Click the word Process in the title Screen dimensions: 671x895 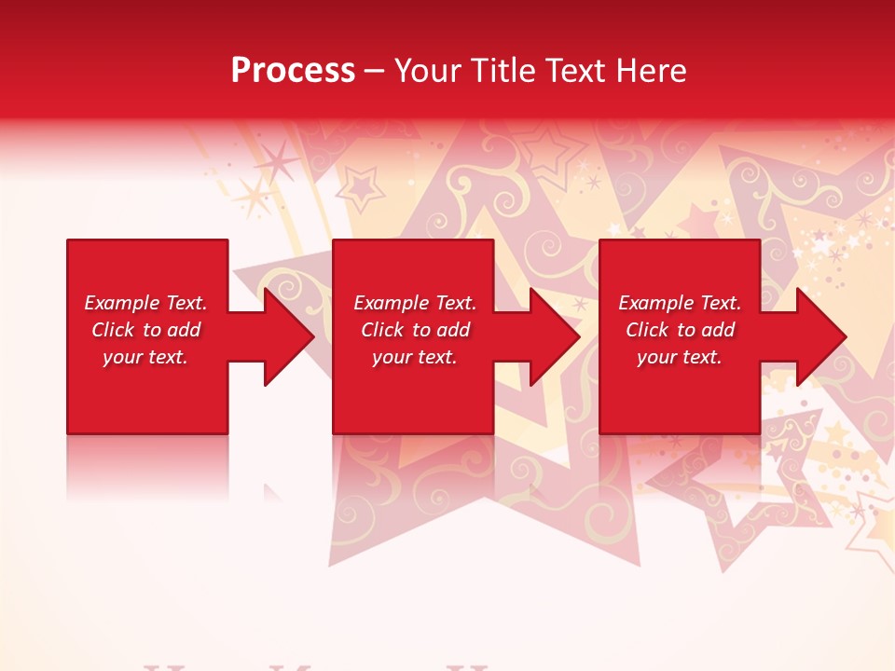[x=293, y=71]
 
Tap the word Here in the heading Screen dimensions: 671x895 [x=650, y=71]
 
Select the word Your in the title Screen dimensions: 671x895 [x=427, y=71]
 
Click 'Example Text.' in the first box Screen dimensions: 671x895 [x=145, y=303]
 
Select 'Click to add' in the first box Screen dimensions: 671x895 [x=145, y=330]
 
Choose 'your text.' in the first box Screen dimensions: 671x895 [x=145, y=357]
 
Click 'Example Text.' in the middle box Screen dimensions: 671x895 [x=415, y=303]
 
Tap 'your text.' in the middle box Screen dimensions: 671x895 [x=415, y=357]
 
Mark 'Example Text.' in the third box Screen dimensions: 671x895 [x=680, y=303]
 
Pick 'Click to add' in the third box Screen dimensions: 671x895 [x=680, y=330]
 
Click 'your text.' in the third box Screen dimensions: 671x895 [x=680, y=357]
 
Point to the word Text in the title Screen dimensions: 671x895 [x=574, y=71]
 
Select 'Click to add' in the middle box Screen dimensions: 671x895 [x=415, y=330]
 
